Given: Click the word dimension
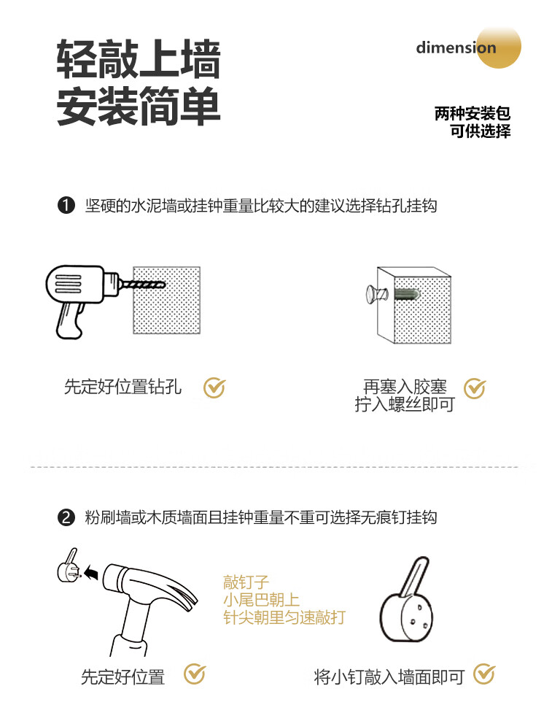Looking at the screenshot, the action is [456, 47].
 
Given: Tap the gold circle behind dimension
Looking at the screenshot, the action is [499, 47].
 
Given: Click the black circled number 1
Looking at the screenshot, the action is [66, 205].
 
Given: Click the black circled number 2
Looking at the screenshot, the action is [66, 517].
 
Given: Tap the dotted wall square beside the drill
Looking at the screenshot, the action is [167, 300].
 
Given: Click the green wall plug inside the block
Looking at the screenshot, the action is [407, 294].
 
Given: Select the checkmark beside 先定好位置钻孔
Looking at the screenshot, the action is [214, 388].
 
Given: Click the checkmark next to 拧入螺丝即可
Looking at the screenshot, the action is [474, 388].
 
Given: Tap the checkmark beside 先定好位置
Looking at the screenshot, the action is [195, 674].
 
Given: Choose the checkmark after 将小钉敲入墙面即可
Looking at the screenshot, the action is [484, 674].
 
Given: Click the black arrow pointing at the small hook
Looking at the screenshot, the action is [91, 573].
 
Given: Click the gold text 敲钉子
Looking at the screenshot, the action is [246, 582].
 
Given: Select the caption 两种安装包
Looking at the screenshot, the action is [472, 114].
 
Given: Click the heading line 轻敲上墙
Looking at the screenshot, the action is [138, 59].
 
